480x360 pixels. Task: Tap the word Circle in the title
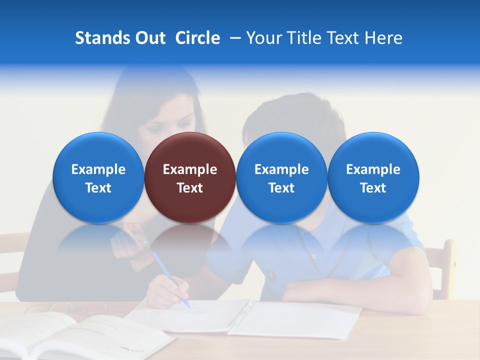197,38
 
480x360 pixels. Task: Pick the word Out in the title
149,38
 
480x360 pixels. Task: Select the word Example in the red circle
190,169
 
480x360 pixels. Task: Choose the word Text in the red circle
190,188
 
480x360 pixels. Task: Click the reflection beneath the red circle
190,245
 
